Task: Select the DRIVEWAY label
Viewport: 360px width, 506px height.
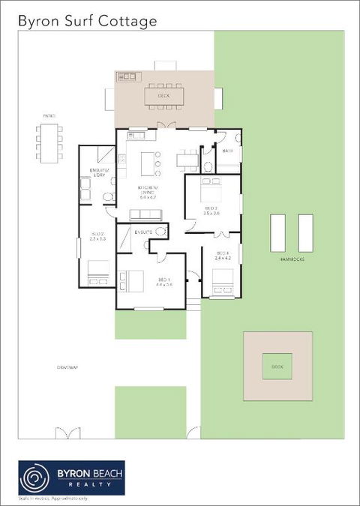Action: [x=67, y=367]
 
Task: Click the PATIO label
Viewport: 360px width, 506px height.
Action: [x=49, y=115]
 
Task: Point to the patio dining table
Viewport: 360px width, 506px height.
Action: [x=49, y=142]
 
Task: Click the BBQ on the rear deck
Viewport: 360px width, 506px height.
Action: [x=127, y=76]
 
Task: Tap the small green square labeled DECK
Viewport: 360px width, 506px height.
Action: [x=277, y=366]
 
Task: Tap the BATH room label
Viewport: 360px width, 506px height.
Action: [x=227, y=151]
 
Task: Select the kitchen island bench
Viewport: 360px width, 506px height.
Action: [x=146, y=159]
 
